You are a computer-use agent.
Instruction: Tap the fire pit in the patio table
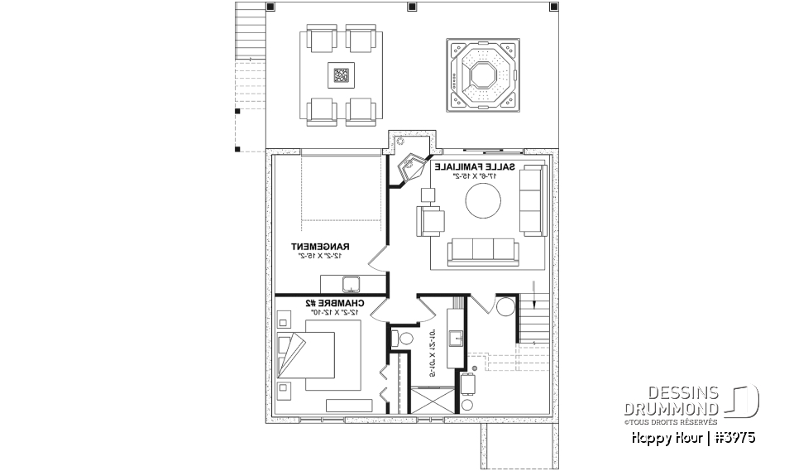(341, 75)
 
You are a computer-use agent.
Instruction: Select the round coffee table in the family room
(483, 201)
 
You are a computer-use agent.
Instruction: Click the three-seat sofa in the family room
(481, 252)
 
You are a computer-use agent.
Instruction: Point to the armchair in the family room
(433, 221)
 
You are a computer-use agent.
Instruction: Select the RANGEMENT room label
(322, 246)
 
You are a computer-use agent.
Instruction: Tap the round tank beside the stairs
(504, 307)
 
